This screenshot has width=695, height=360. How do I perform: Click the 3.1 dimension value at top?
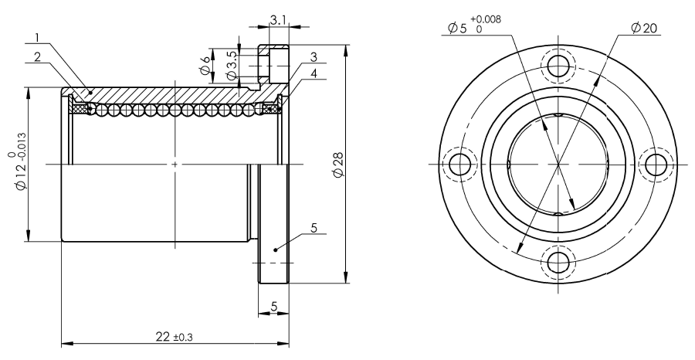coord(278,19)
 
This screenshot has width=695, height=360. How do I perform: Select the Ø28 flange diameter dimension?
coord(339,166)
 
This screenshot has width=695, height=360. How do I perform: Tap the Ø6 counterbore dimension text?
coord(205,65)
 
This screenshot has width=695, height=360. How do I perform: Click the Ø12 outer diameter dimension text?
coord(21,174)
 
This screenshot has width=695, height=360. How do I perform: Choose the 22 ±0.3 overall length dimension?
coord(175,337)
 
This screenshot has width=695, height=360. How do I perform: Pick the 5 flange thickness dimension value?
coord(273,307)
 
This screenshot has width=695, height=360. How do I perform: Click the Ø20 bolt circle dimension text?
coord(644,29)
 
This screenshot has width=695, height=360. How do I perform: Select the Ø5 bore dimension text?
coord(457,29)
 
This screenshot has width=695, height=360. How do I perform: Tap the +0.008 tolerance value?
coord(486,19)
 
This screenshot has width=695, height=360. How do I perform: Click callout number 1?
coord(38,38)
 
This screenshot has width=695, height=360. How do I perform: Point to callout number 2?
coord(38,56)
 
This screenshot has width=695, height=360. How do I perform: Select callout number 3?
coord(314,56)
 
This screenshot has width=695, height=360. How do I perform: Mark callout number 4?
coord(314,73)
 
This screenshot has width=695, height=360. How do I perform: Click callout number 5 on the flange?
coord(314,228)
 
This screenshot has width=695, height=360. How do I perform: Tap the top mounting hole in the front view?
coord(558,66)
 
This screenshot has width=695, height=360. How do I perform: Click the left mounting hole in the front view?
coord(460,165)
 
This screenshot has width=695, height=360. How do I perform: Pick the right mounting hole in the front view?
coord(656,165)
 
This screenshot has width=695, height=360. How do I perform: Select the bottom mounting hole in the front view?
coord(558,263)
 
